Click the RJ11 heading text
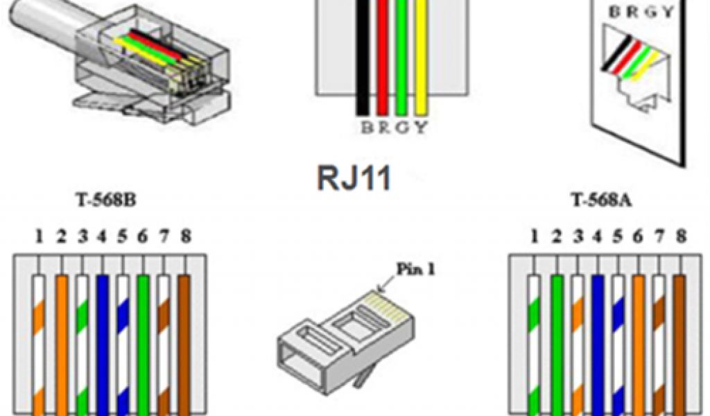(354, 178)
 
